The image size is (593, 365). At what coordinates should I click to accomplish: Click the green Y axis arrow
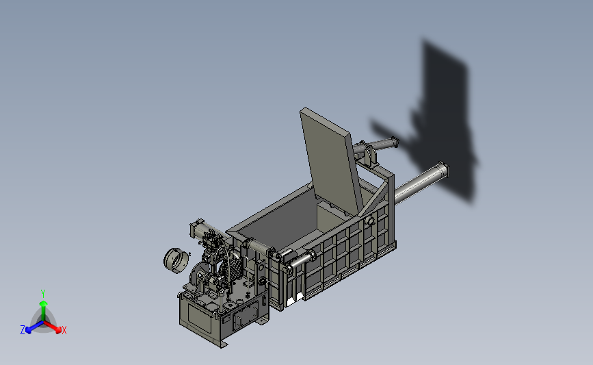(x=43, y=310)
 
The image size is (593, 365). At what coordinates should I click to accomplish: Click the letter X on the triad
(x=64, y=330)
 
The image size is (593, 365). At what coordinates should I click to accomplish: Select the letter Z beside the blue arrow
(x=23, y=330)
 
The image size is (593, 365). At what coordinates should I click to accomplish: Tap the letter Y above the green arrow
(x=43, y=294)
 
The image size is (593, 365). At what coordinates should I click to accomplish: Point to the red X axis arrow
(x=53, y=327)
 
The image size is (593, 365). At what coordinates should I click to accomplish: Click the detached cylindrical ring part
(x=176, y=260)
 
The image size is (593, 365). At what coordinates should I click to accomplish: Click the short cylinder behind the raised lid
(x=376, y=145)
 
